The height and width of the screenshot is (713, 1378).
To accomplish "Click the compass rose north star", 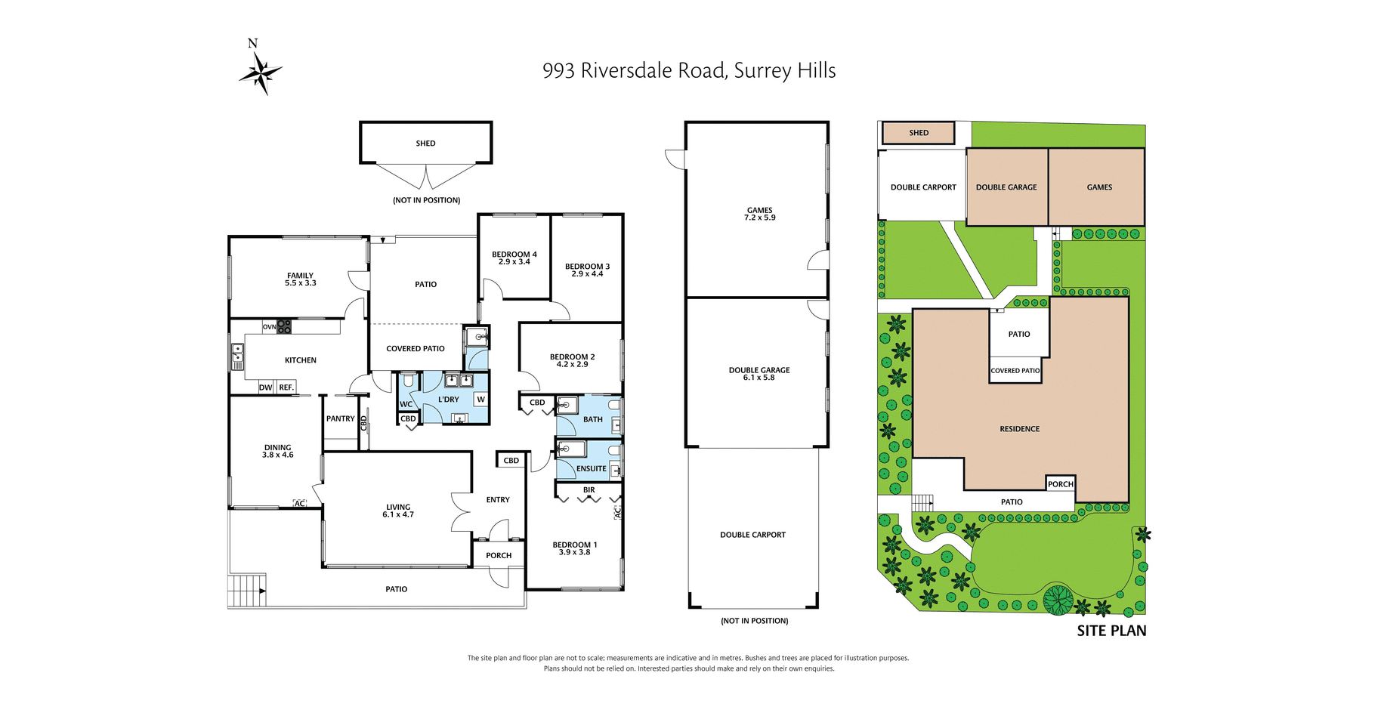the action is (261, 74).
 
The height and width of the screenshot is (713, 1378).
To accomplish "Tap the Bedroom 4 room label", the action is (514, 258).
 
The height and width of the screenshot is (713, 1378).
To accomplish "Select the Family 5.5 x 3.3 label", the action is (300, 279).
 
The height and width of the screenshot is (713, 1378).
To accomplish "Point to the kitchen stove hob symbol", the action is (284, 327).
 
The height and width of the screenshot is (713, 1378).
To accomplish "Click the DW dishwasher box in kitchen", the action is (266, 387).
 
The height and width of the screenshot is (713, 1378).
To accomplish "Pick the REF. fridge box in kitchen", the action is (286, 387).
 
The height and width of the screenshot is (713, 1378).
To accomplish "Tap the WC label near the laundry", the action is (406, 404).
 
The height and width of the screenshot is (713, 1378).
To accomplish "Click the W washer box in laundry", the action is (480, 400).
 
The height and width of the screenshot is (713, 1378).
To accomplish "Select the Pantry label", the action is (341, 418).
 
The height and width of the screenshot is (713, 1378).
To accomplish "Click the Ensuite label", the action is (592, 468).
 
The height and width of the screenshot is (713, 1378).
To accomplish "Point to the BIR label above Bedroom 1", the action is (589, 490).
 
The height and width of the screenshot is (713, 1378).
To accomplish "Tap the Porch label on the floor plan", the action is (499, 555).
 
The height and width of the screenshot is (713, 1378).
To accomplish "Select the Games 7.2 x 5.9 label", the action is (760, 214).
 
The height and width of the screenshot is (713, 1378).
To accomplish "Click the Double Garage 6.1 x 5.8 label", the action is (759, 374).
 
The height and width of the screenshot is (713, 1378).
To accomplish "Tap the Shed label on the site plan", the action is (919, 133).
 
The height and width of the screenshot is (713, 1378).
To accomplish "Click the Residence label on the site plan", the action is (1020, 429).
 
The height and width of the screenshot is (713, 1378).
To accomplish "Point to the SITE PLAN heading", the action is (1111, 631).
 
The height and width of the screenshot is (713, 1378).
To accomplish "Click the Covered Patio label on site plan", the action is (1015, 371).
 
